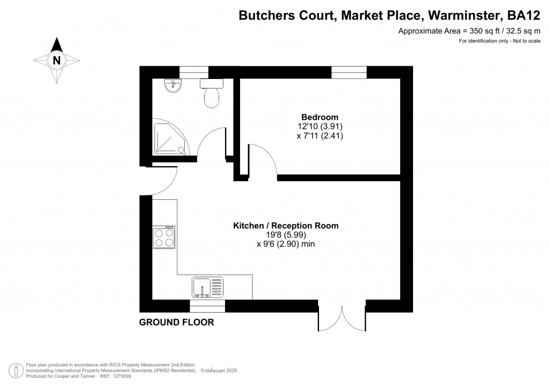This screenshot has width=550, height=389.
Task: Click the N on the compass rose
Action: tap(56, 60)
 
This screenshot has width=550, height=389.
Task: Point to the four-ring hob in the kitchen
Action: tap(164, 237)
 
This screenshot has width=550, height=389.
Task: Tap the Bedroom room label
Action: tap(320, 117)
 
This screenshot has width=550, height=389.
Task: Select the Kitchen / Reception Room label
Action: tap(285, 226)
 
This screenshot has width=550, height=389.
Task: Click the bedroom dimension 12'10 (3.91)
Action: tap(320, 127)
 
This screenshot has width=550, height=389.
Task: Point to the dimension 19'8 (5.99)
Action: tap(285, 235)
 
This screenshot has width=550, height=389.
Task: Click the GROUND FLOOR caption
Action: tap(176, 322)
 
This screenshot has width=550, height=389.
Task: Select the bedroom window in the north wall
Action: tap(349, 73)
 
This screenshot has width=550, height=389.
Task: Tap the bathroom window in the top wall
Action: tap(193, 73)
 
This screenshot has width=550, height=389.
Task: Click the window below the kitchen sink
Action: tap(207, 306)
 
